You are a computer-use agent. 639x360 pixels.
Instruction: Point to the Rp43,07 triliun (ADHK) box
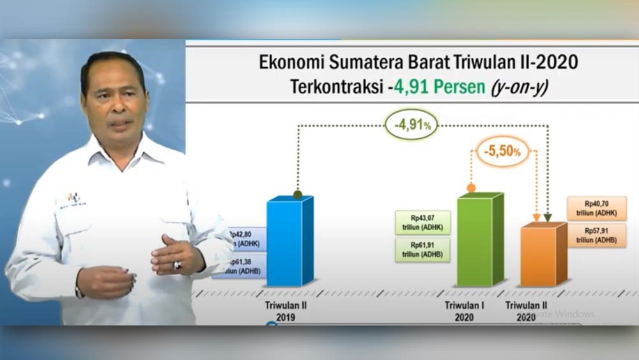(422, 223)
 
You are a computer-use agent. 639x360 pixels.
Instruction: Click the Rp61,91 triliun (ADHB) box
(422, 250)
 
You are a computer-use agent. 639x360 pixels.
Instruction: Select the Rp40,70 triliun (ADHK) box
(596, 208)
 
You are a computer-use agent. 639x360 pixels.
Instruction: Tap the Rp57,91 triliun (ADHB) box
(596, 235)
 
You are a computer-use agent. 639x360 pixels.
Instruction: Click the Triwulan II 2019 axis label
(286, 311)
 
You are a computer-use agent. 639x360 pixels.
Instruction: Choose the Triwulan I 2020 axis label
(465, 311)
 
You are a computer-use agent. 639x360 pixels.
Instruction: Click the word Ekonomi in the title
(286, 63)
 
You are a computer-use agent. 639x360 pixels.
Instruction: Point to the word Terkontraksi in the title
(337, 86)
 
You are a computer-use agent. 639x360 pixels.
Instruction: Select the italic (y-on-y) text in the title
(518, 86)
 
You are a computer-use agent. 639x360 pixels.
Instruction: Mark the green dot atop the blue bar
(298, 194)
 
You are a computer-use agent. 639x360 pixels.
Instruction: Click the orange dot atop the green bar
(471, 188)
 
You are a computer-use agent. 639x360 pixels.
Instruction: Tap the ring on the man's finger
(177, 264)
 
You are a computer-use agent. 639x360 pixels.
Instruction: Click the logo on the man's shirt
(72, 200)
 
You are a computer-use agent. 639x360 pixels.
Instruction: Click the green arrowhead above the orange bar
(548, 218)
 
